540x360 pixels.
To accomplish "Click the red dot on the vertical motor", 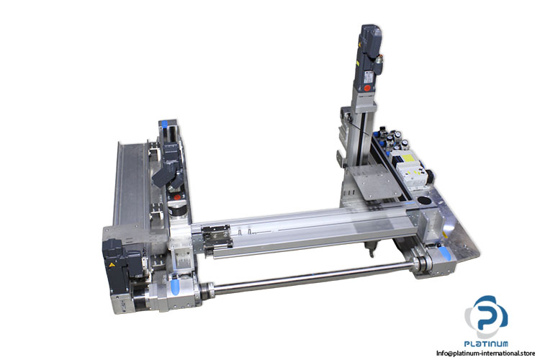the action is pos(367,88).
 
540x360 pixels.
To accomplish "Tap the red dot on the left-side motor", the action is pos(177,197).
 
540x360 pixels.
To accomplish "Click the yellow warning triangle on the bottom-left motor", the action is pos(112,265).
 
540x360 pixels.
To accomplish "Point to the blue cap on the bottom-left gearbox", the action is pos(175,287).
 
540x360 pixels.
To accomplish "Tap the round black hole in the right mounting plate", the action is pos(424,200).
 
